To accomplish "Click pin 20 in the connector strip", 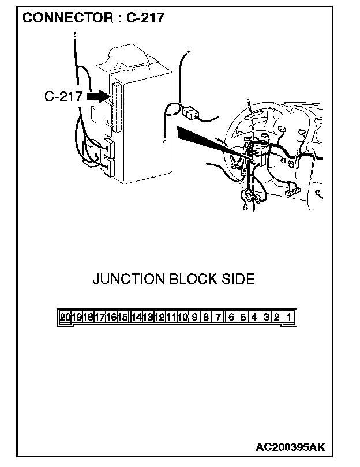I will (65, 317).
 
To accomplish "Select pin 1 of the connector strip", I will (289, 317).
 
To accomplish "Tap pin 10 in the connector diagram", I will (183, 317).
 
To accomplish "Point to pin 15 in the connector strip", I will (123, 317).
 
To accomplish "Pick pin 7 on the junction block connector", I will (218, 317).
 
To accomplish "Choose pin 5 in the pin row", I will (242, 317).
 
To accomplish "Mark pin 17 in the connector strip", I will (99, 317).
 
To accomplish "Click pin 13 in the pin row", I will (148, 317).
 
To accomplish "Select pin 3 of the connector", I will (266, 317).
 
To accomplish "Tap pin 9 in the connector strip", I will (195, 317).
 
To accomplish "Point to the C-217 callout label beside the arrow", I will (63, 96).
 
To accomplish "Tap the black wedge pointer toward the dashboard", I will (202, 140).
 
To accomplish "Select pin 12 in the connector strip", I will (159, 317).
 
